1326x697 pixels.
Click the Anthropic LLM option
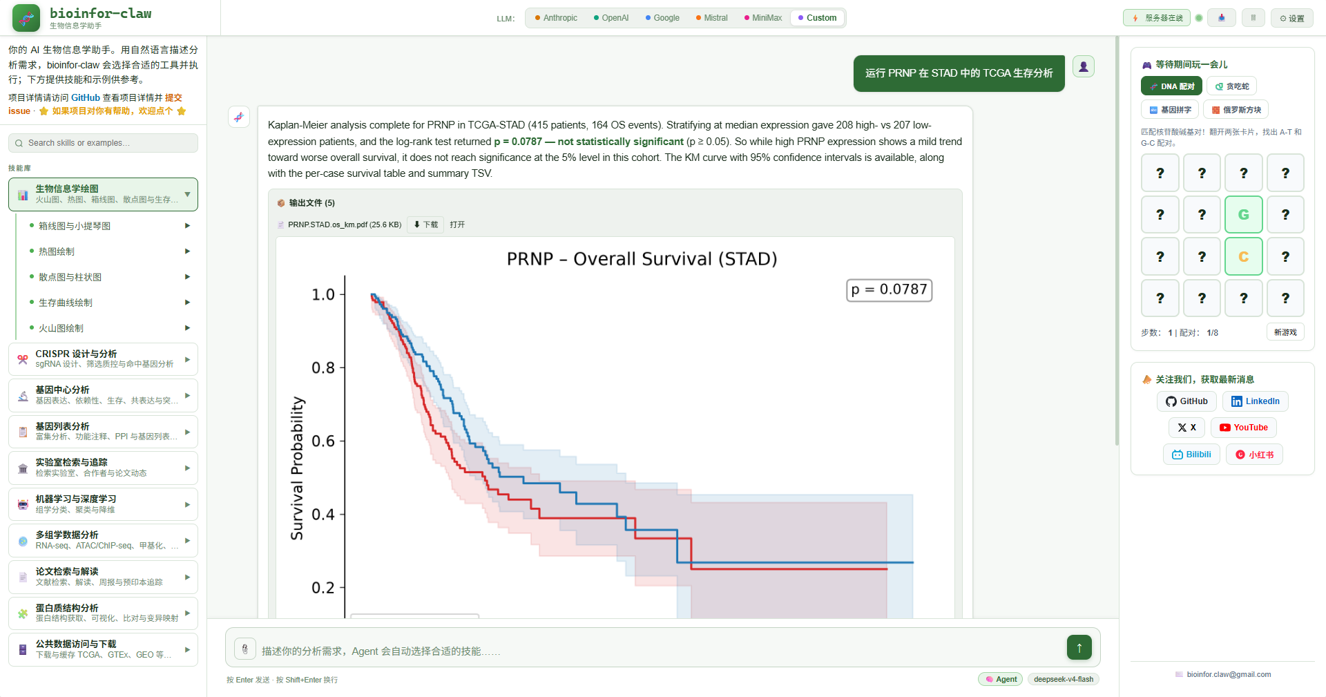tap(556, 18)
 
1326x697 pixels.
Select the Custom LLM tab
tap(817, 18)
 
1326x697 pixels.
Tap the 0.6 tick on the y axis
tap(323, 441)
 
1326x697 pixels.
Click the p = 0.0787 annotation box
tap(890, 290)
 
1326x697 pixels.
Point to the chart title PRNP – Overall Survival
tap(642, 259)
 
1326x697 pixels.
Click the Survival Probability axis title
tap(297, 468)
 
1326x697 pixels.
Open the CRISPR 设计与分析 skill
tap(103, 359)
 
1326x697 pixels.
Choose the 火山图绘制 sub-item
tap(61, 328)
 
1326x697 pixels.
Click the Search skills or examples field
tap(103, 143)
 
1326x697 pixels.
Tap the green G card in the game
tap(1243, 214)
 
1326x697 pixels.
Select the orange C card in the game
tap(1243, 256)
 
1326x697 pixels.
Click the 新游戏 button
tap(1285, 332)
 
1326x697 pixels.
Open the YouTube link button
tap(1244, 428)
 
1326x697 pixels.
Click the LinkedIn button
tap(1256, 401)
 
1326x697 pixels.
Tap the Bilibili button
tap(1192, 455)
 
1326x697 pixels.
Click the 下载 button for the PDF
tap(425, 225)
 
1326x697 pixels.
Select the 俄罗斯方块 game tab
tap(1236, 110)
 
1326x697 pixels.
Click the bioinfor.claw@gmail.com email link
tap(1229, 674)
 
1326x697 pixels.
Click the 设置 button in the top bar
tap(1291, 18)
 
